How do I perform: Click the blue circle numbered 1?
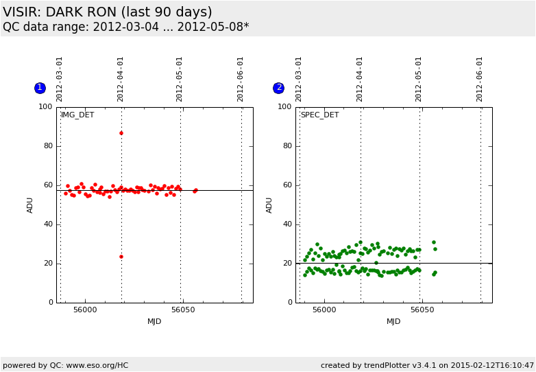[x=40, y=88]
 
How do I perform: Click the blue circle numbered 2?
[x=278, y=88]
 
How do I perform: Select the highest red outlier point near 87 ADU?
[x=121, y=133]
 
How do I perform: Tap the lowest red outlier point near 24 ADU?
[x=121, y=257]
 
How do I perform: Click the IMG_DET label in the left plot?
[x=77, y=115]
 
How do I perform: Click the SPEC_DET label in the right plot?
[x=319, y=115]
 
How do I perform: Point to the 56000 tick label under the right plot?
[x=324, y=310]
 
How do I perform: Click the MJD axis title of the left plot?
[x=154, y=322]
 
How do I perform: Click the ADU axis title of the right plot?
[x=269, y=205]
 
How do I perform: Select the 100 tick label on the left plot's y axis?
[x=45, y=107]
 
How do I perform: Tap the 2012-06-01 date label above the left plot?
[x=241, y=78]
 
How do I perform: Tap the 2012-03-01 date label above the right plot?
[x=300, y=78]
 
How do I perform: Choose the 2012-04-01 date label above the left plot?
[x=121, y=78]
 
